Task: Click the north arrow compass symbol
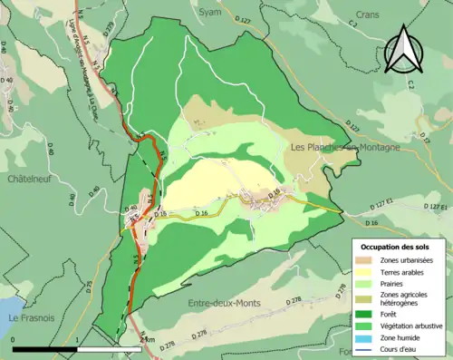pos(402,50)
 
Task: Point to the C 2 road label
pos(410,84)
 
